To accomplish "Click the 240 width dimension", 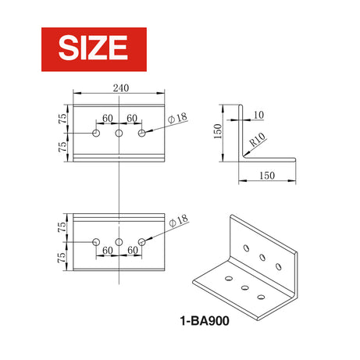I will (x=120, y=87).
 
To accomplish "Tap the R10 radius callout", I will (x=258, y=142).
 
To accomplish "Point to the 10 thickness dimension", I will (x=259, y=115).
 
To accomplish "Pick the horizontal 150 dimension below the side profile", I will (x=267, y=176).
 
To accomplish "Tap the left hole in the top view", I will (x=96, y=134).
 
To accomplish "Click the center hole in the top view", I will (x=119, y=134).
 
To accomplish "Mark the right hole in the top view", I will (x=142, y=134).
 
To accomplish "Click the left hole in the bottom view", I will (x=96, y=241).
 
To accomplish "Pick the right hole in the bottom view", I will (x=142, y=241).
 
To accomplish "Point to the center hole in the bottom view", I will (x=119, y=241).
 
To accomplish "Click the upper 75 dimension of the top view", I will (x=62, y=118).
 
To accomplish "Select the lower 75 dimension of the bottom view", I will (x=62, y=256).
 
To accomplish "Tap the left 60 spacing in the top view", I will (x=107, y=118).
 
